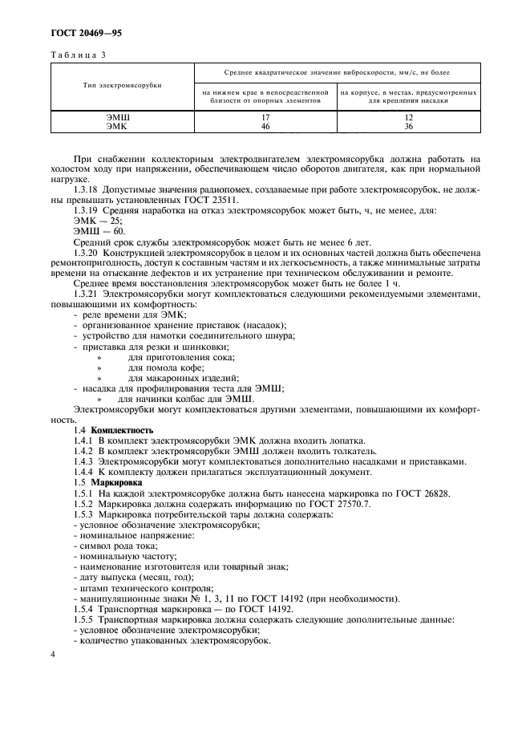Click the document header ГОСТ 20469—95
click(87, 34)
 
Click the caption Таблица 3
click(78, 55)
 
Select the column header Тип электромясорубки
click(121, 85)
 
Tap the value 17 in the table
click(265, 117)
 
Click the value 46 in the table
click(265, 126)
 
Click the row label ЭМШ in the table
click(118, 117)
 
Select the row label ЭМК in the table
click(118, 126)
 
